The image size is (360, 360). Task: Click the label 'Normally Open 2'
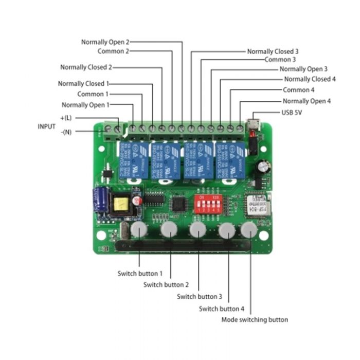click(105, 42)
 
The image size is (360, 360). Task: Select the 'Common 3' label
click(280, 60)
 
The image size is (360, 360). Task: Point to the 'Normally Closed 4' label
click(310, 79)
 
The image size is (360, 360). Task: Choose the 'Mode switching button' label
click(255, 319)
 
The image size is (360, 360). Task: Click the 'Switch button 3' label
click(200, 297)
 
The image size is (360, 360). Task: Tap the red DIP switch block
click(205, 203)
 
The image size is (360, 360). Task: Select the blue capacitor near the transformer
click(100, 200)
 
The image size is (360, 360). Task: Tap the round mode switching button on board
click(248, 230)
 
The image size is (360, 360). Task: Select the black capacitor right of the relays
click(264, 167)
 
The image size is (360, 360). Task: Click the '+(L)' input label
click(66, 118)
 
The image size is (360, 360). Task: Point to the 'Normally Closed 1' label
click(83, 83)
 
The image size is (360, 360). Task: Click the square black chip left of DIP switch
click(179, 203)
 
